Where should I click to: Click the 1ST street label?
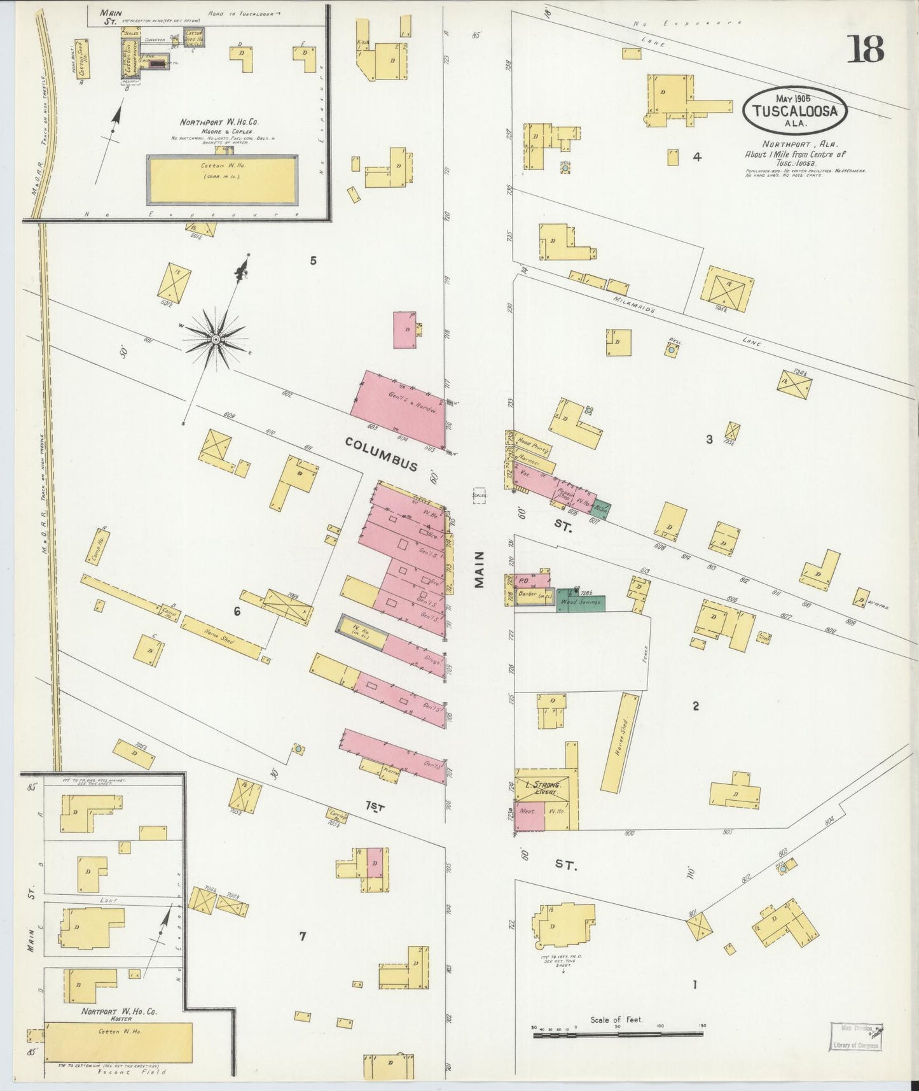[x=375, y=806]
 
